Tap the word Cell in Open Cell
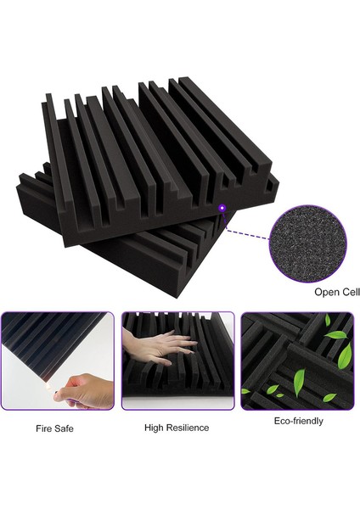(349, 293)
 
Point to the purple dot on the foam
(222, 207)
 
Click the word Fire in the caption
(43, 428)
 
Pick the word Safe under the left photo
(65, 428)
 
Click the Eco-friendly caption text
(297, 421)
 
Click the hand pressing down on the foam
(157, 343)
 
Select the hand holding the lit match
(85, 390)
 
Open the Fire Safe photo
(56, 361)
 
